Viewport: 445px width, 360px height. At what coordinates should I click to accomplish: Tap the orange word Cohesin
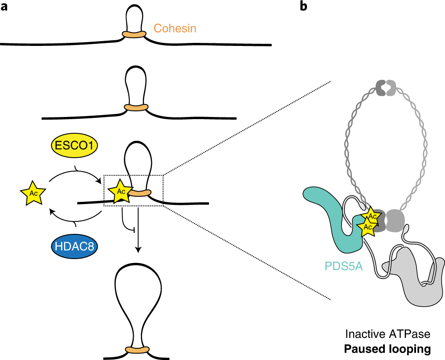(175, 29)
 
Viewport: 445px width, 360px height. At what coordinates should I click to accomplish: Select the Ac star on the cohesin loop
(120, 191)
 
